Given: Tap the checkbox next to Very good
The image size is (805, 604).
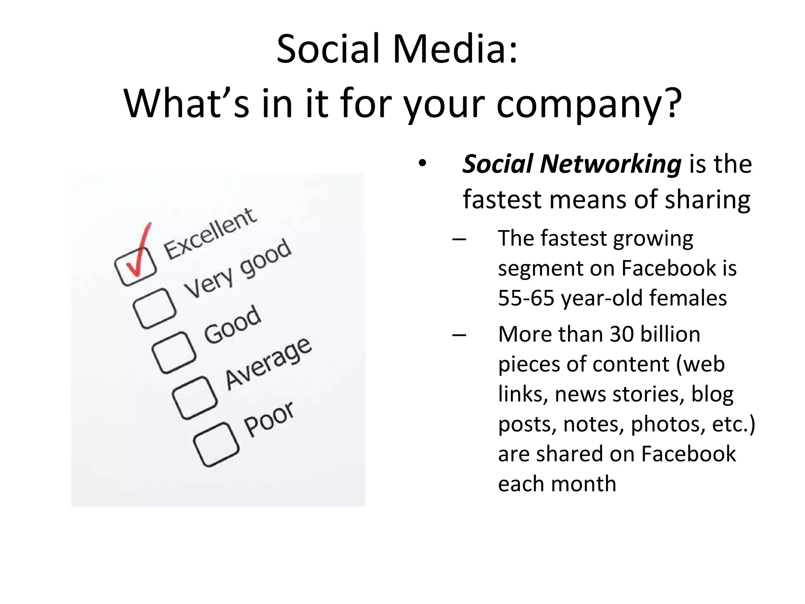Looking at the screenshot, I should tap(154, 309).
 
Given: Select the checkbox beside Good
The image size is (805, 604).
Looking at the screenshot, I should tap(174, 352).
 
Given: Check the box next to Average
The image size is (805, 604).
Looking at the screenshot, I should tap(195, 398).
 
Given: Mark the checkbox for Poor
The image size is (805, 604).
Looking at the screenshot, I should tap(216, 444).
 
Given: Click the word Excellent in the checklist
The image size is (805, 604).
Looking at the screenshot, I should tap(210, 234).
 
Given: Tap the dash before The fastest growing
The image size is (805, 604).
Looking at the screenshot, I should tap(459, 239).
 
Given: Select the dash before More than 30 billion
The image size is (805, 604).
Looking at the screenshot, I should tap(459, 335).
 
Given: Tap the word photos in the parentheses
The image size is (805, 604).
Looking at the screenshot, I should tap(665, 424).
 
